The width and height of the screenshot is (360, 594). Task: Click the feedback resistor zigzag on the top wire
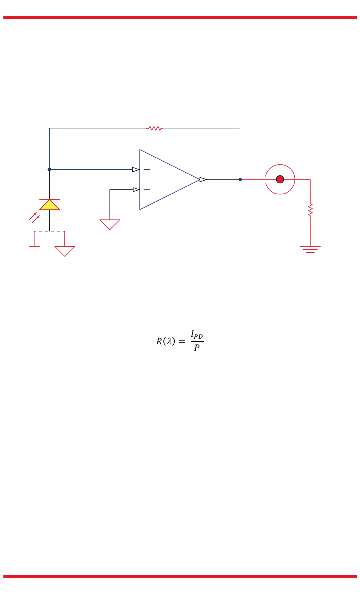(x=155, y=128)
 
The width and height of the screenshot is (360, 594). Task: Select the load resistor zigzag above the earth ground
(x=310, y=210)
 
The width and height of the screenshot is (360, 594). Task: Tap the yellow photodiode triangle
(x=50, y=205)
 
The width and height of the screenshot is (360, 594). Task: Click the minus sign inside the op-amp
(x=147, y=169)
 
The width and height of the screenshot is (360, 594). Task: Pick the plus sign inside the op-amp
(x=147, y=189)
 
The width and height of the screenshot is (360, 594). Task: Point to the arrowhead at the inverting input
(x=136, y=169)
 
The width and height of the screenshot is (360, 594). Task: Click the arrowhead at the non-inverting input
(x=136, y=189)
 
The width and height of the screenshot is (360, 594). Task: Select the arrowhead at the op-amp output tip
(x=203, y=180)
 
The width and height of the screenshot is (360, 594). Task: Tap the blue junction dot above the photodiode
(x=49, y=169)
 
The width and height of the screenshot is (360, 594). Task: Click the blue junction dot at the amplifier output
(x=240, y=180)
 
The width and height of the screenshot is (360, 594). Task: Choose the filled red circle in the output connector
(x=280, y=180)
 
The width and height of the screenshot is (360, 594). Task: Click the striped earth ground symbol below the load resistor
(x=310, y=250)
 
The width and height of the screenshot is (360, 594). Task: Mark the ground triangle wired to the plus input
(x=110, y=224)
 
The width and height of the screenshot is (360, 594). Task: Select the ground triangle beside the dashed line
(x=65, y=250)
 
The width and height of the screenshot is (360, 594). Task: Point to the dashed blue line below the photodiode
(x=49, y=231)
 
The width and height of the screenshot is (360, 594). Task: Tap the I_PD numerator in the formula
(x=197, y=335)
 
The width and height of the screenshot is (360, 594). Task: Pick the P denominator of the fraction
(x=197, y=348)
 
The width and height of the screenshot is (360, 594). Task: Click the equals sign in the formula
(x=182, y=342)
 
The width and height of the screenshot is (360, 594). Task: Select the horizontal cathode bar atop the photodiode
(x=50, y=199)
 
